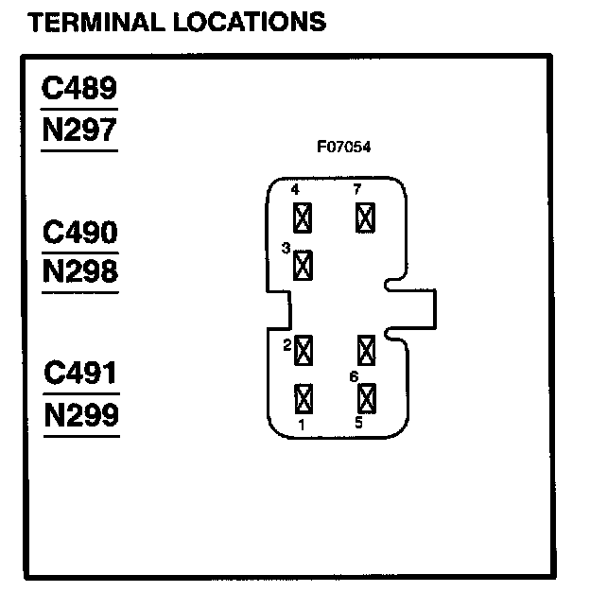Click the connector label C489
click(x=80, y=89)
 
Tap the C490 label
click(x=80, y=232)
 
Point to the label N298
click(x=80, y=272)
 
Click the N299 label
click(x=80, y=414)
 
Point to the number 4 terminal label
click(x=295, y=190)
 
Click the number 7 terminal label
click(x=356, y=190)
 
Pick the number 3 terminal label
click(x=286, y=248)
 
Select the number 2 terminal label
click(x=286, y=346)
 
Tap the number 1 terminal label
click(x=302, y=424)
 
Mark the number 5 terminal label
click(x=358, y=423)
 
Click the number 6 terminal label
click(x=354, y=376)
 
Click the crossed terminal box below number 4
click(x=303, y=218)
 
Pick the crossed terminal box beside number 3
click(x=304, y=265)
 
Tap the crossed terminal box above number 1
click(x=304, y=397)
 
